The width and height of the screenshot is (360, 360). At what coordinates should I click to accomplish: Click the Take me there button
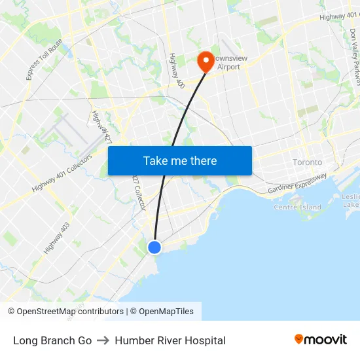point(180,160)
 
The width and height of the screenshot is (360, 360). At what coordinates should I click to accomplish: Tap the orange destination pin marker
point(206,62)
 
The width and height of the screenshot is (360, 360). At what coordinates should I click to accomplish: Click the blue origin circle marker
point(154,247)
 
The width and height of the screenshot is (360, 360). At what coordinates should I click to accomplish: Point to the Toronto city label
point(307,162)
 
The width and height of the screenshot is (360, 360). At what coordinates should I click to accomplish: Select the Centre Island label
point(297,207)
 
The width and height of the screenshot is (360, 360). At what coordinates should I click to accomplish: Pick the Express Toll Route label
point(45,60)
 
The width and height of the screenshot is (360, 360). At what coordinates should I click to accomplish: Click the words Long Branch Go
point(52,340)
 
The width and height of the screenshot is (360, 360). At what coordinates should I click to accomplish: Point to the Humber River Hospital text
point(170,340)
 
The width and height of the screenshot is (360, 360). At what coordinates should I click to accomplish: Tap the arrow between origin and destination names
point(103,340)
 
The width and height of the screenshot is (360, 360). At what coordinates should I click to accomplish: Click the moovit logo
point(321,339)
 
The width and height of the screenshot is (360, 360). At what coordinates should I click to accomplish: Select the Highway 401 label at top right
point(340,15)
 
